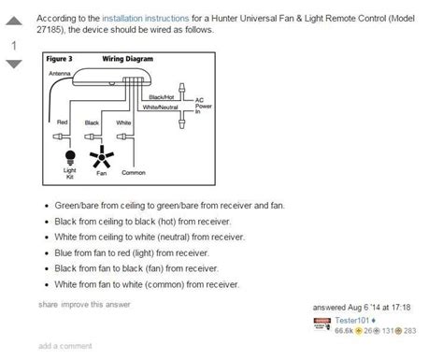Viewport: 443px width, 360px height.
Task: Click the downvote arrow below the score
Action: click(x=14, y=64)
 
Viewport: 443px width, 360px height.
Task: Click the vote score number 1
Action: click(x=14, y=43)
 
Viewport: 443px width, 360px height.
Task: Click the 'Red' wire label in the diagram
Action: click(x=64, y=122)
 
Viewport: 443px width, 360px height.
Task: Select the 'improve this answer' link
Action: click(x=93, y=304)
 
